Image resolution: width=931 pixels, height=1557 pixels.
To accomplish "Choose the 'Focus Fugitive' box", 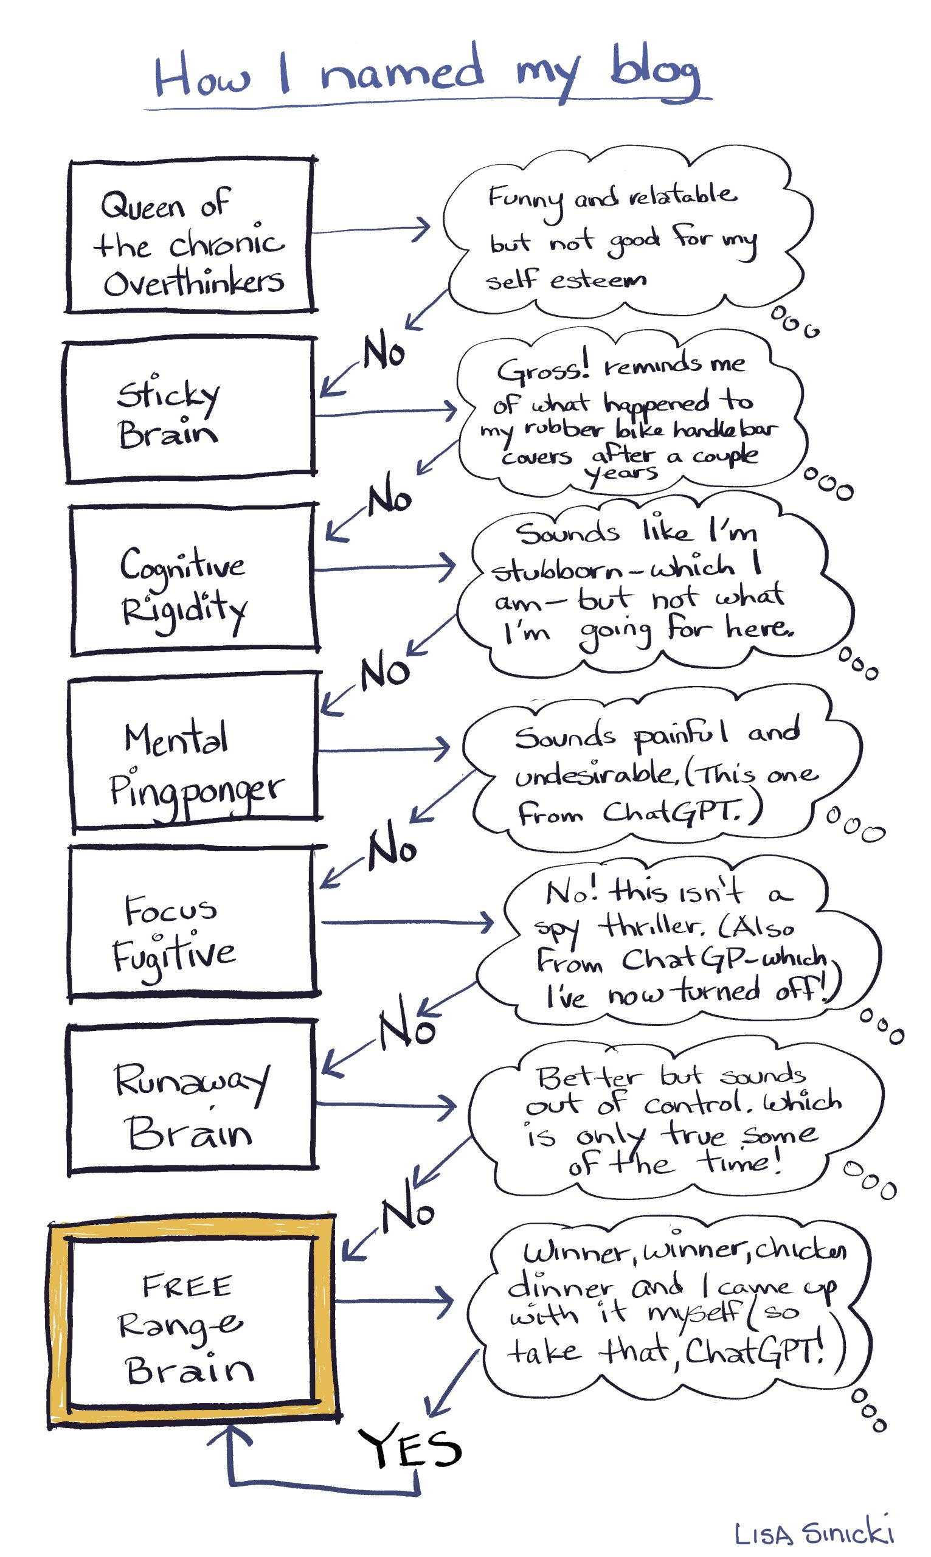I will pyautogui.click(x=192, y=922).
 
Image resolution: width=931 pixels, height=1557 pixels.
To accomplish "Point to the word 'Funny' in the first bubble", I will pyautogui.click(x=526, y=199).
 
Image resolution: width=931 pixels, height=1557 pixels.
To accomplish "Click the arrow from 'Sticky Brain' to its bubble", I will pyautogui.click(x=386, y=412).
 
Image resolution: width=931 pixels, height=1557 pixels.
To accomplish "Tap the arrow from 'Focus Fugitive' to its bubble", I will pyautogui.click(x=408, y=922).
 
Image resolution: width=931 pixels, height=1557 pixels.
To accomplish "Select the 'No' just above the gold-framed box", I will pyautogui.click(x=408, y=1214).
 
